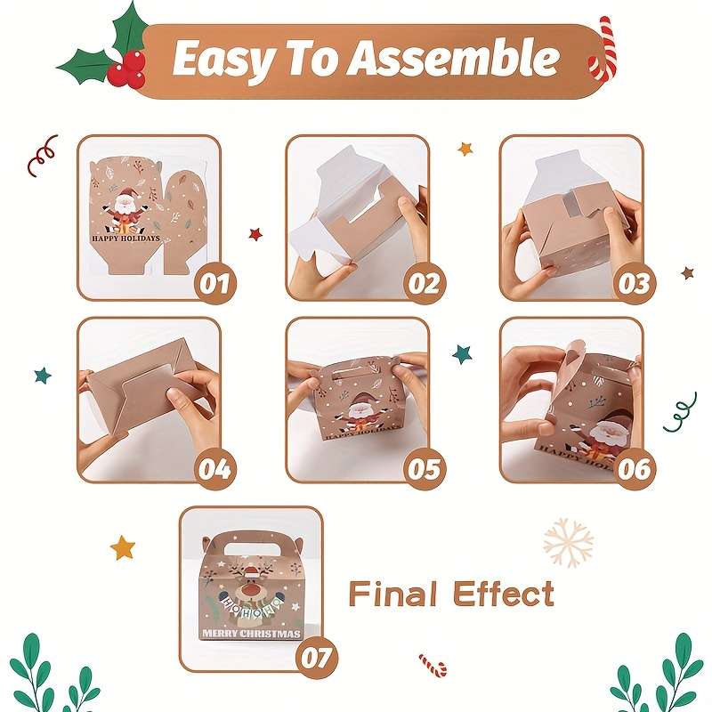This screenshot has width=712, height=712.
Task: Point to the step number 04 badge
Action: point(214,468)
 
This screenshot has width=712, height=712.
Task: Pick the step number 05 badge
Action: point(424,468)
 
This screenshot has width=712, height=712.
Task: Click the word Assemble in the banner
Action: point(454,60)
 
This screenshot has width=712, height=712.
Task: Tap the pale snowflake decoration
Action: point(567,542)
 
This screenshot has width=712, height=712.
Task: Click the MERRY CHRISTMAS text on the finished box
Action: point(252,634)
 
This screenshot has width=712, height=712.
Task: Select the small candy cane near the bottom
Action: point(433,664)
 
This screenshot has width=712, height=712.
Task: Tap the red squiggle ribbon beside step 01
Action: point(41,155)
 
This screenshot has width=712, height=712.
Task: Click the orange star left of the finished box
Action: point(123,546)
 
